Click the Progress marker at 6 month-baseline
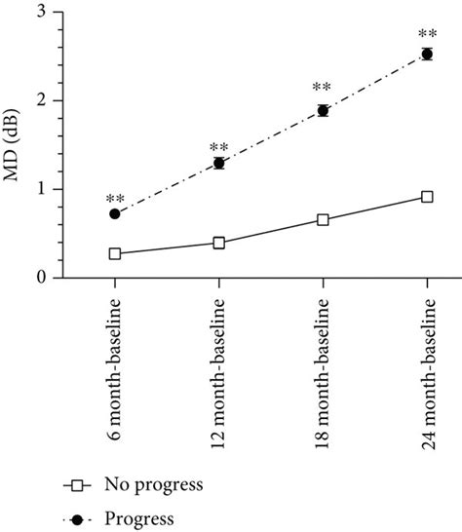pyautogui.click(x=115, y=213)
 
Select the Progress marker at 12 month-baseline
pyautogui.click(x=219, y=163)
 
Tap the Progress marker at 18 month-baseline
pyautogui.click(x=323, y=110)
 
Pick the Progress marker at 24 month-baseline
pyautogui.click(x=427, y=55)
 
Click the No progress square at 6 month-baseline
pyautogui.click(x=115, y=253)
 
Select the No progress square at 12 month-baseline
pyautogui.click(x=219, y=243)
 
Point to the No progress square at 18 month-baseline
pyautogui.click(x=323, y=220)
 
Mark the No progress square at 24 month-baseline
pyautogui.click(x=427, y=197)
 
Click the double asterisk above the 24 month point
pyautogui.click(x=427, y=32)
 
